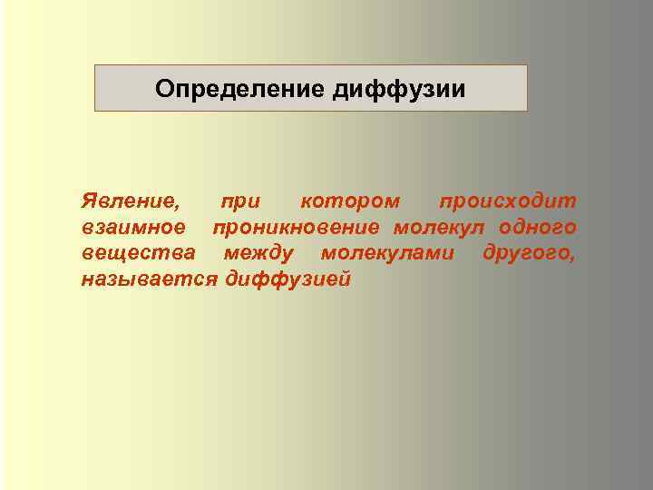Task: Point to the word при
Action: [x=239, y=200]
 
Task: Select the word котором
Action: [x=349, y=200]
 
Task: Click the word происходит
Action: [x=507, y=200]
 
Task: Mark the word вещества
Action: [x=136, y=251]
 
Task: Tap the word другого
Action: [x=524, y=251]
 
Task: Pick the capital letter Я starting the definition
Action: [x=87, y=200]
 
